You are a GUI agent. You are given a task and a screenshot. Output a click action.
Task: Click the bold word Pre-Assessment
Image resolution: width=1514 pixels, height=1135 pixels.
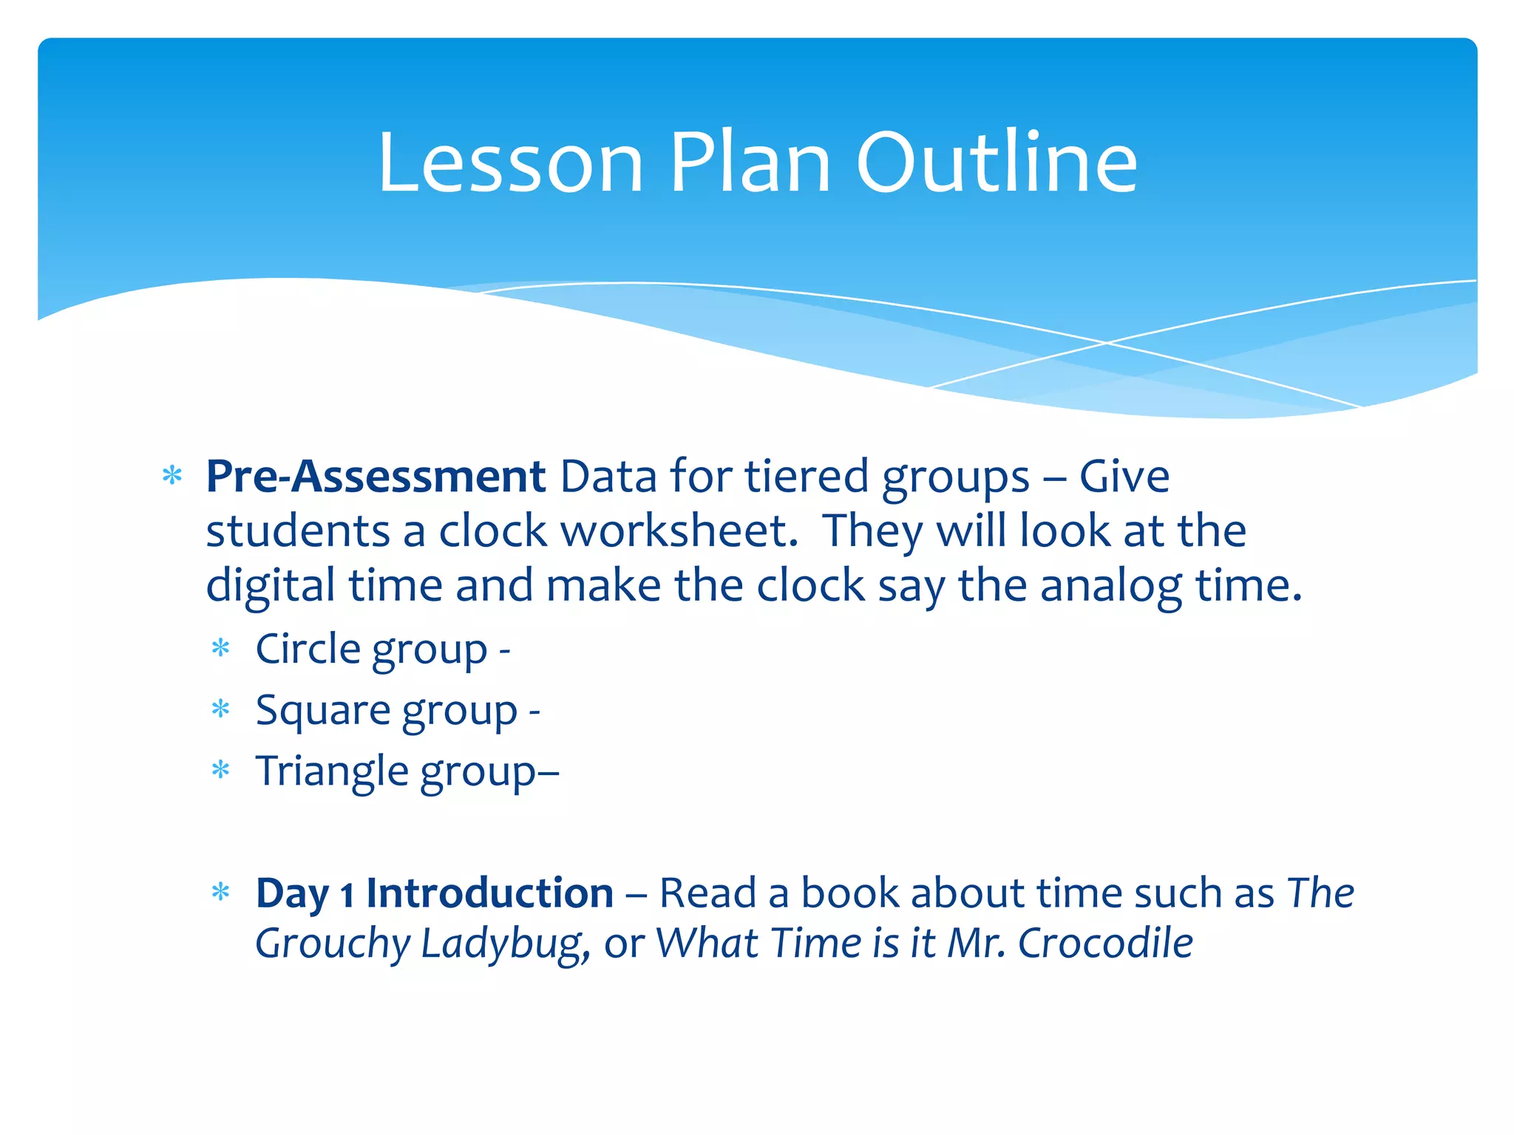[376, 477]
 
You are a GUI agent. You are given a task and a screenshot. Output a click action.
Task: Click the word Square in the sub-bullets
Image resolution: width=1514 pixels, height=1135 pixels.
[322, 711]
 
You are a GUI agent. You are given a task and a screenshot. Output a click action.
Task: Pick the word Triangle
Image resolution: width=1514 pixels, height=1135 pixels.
[332, 771]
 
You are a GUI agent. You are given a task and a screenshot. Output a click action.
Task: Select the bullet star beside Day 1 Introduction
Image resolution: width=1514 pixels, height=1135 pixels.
[221, 893]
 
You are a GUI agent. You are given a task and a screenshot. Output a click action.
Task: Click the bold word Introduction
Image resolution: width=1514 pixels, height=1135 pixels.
[489, 893]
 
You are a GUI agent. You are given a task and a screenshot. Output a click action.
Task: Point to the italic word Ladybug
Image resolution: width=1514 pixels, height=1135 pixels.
[505, 944]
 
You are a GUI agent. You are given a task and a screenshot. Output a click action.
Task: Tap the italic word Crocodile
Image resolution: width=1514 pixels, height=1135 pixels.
[1105, 944]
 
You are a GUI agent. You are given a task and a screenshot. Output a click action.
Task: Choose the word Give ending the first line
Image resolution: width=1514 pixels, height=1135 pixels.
[1124, 477]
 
